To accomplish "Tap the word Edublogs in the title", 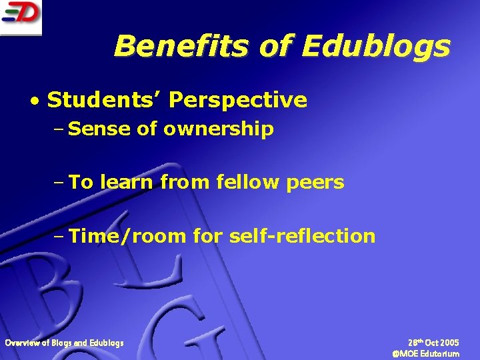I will click(x=376, y=47).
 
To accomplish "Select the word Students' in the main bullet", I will click(x=104, y=101).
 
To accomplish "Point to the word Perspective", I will click(x=238, y=101).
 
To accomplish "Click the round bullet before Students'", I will click(x=34, y=101).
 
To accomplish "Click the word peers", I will click(x=315, y=183).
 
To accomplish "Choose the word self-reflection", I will click(x=302, y=236).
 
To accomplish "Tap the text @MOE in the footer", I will click(x=406, y=353).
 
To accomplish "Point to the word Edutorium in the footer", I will click(x=440, y=353).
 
